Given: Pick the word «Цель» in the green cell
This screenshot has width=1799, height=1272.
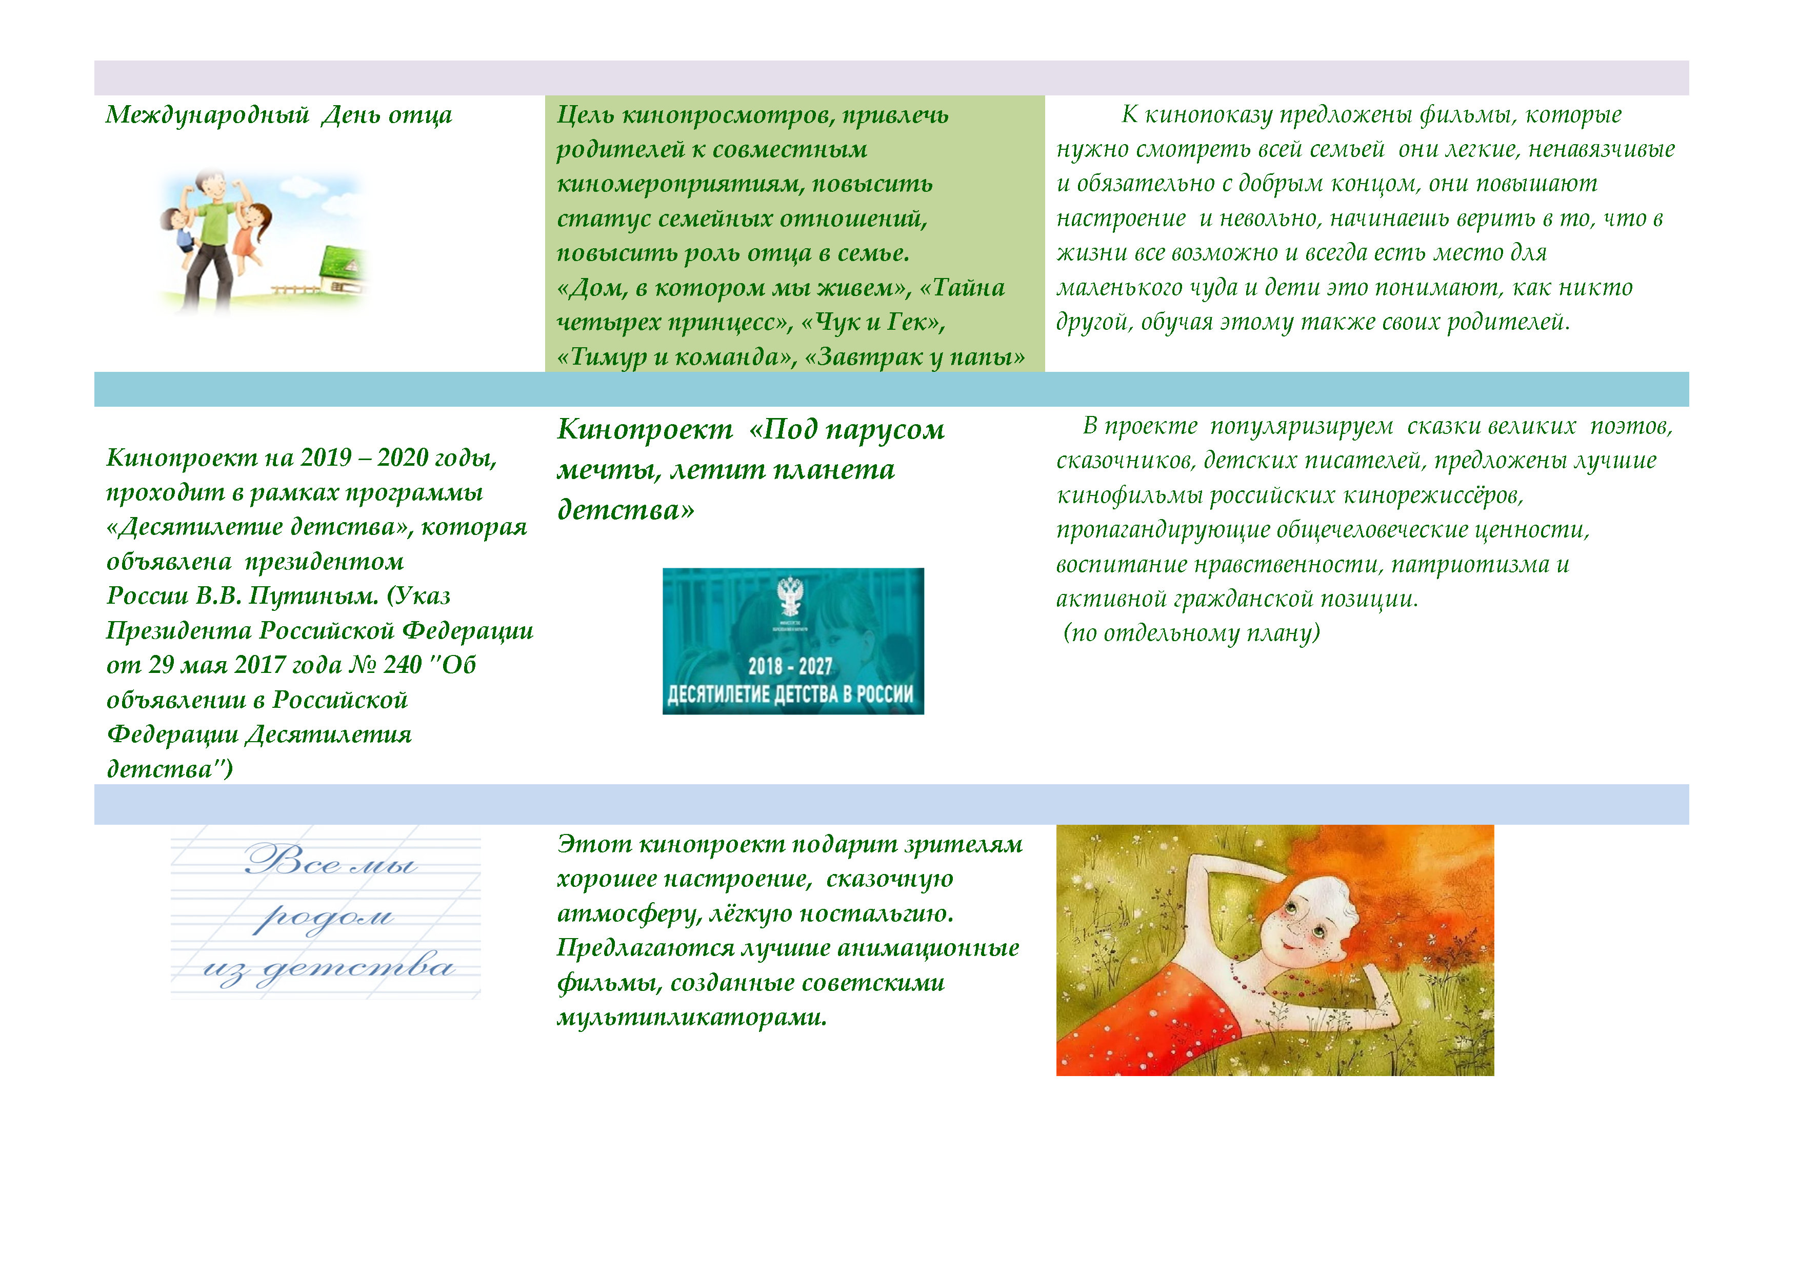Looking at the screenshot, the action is tap(585, 115).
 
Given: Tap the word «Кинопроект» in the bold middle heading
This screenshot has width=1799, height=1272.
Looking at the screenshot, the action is tap(645, 429).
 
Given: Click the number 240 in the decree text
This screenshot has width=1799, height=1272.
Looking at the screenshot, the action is tap(403, 665).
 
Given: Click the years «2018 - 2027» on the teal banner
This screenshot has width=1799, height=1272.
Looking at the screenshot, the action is tap(790, 666).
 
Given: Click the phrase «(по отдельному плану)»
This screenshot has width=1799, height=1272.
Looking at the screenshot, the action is tap(1191, 632).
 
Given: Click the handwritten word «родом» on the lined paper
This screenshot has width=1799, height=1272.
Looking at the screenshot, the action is tap(323, 916).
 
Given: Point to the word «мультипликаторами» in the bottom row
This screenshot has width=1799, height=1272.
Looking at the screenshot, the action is tap(692, 1017).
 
